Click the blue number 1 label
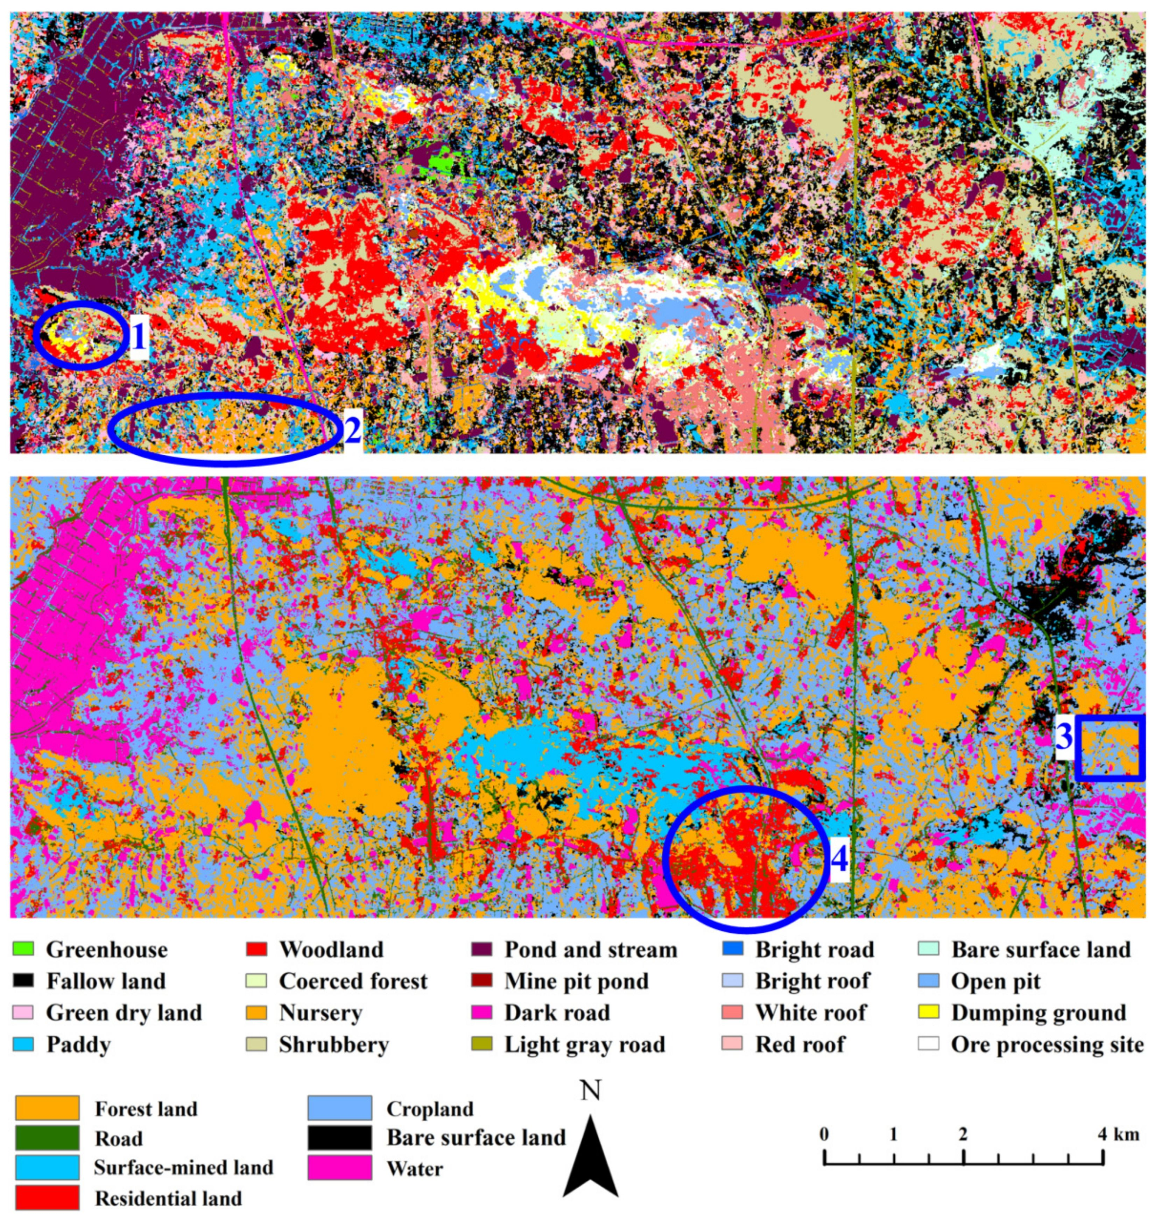click(139, 338)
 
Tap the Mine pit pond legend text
click(576, 981)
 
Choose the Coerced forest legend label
click(353, 981)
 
